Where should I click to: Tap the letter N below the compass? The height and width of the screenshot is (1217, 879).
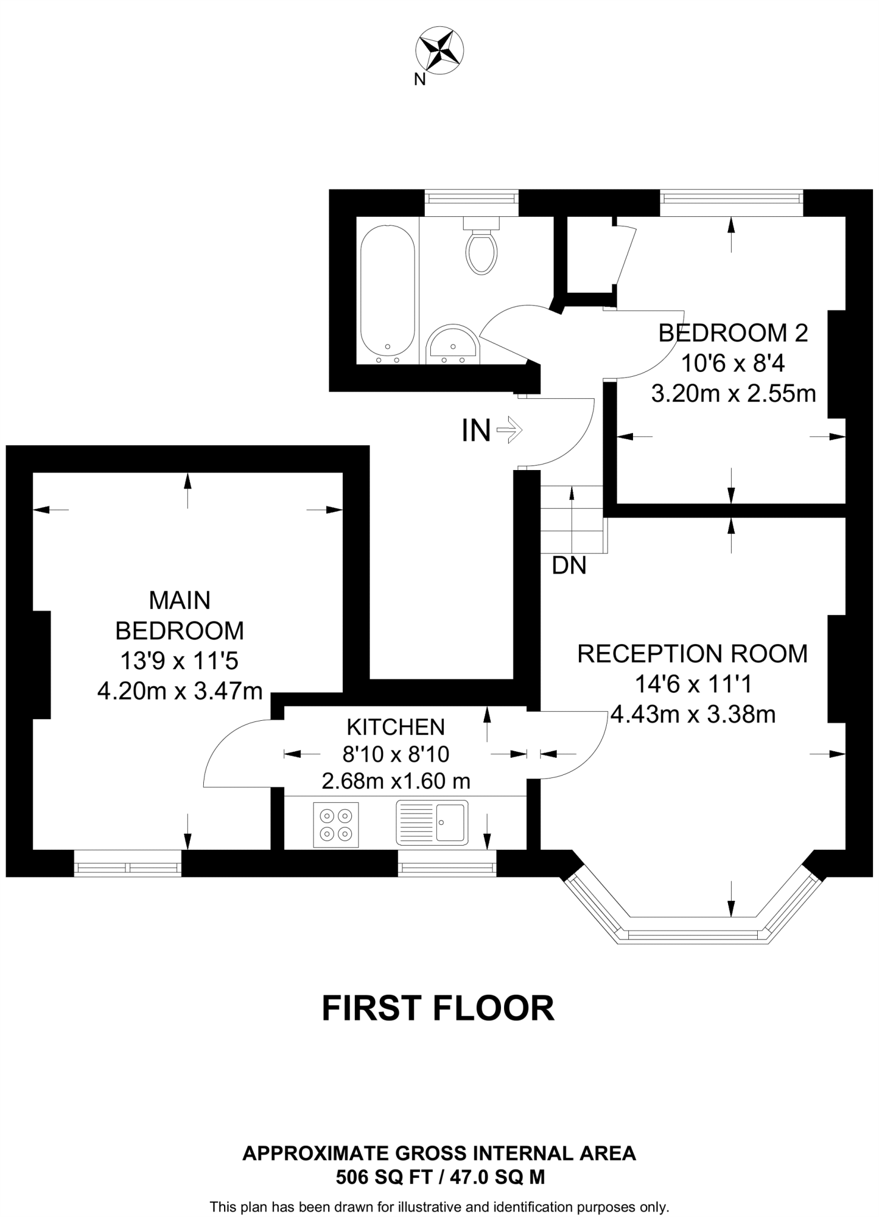click(420, 80)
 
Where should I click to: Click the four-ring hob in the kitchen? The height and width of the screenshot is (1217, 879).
click(336, 825)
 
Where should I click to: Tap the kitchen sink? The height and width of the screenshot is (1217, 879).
click(432, 822)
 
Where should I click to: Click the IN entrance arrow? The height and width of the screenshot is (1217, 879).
click(508, 430)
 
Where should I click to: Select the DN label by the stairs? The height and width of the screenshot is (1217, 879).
click(569, 566)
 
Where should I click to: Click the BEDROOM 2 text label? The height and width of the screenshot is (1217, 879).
click(733, 333)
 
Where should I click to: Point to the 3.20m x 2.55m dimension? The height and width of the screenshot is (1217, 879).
click(733, 393)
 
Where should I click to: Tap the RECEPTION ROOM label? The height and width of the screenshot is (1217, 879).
click(692, 654)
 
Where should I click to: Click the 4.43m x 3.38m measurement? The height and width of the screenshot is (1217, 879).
click(692, 714)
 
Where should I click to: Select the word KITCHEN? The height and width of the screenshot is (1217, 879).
click(395, 727)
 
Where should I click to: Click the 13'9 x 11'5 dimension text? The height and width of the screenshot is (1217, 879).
click(179, 661)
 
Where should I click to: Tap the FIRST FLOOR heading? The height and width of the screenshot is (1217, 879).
click(438, 1008)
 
